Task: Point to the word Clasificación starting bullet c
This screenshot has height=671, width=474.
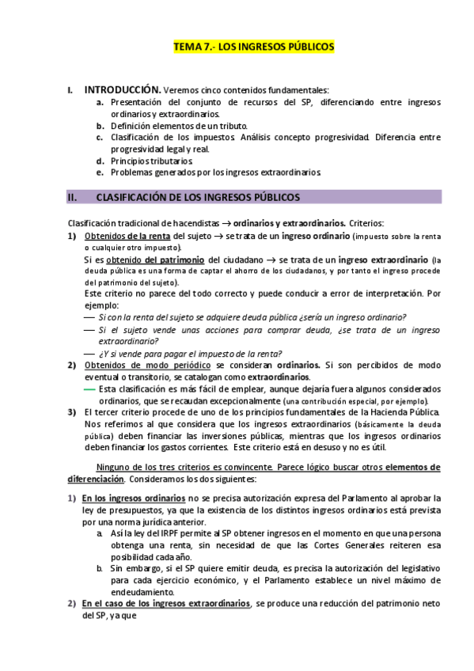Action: coord(138,137)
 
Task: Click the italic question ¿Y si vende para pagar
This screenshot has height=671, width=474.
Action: coord(191,353)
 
